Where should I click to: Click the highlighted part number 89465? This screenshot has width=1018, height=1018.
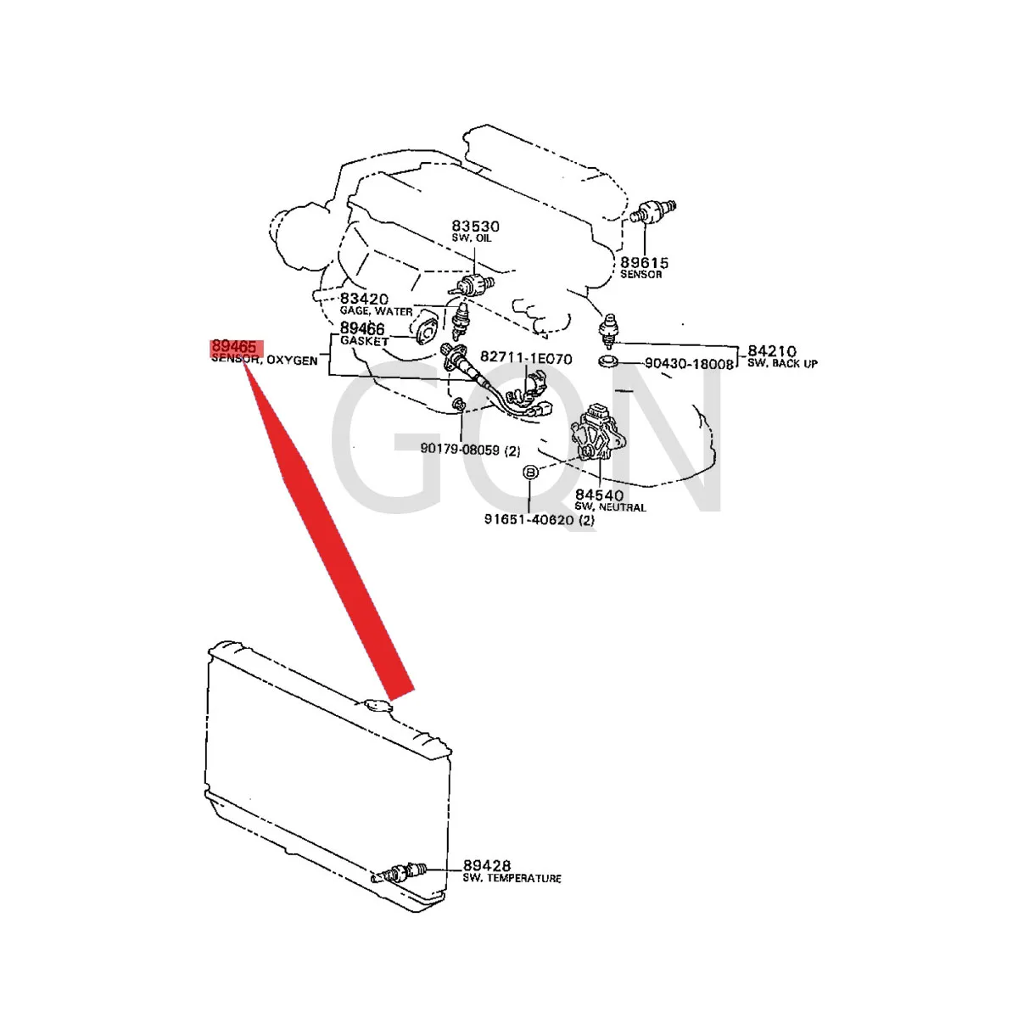coord(233,347)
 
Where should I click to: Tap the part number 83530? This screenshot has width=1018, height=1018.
coord(475,227)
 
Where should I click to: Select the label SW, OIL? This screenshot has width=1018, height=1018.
coord(472,238)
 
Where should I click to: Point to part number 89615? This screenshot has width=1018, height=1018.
coord(644,263)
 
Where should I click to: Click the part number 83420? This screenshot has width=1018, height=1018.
coord(364,299)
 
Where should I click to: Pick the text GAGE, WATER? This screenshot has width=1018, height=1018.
coord(376,311)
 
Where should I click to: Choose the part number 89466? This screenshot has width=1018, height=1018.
coord(362,328)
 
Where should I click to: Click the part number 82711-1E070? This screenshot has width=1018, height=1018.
coord(526,358)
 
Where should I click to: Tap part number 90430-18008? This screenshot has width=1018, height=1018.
coord(689,364)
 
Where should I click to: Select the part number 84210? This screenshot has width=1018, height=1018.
coord(772,351)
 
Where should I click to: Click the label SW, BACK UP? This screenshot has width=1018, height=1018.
coord(782,364)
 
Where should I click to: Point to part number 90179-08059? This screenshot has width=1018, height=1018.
coord(460,450)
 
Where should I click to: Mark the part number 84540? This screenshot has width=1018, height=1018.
coord(599,495)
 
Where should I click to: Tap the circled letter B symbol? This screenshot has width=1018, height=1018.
coord(529,473)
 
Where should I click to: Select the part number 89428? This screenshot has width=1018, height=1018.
coord(487,866)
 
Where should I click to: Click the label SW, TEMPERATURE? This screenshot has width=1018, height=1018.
coord(512,879)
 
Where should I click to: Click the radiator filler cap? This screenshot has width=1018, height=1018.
coord(374,705)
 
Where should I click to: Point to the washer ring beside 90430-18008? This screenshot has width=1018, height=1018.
coord(607,364)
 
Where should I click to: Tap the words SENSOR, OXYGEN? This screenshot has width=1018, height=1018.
coord(265,361)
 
